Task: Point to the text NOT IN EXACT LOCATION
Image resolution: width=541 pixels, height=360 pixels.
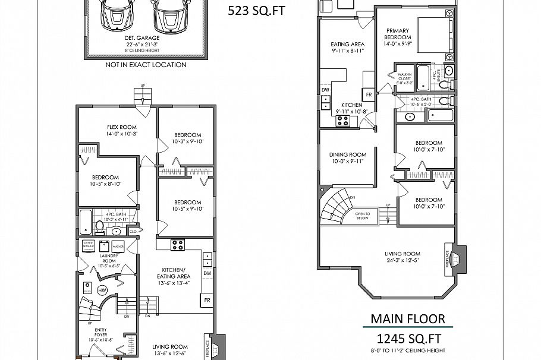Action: tap(146, 65)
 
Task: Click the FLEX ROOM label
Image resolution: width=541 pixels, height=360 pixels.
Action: tap(121, 127)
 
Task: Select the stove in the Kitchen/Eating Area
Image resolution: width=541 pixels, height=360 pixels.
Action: tap(178, 244)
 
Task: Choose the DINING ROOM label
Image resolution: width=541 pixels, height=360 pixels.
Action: tap(348, 154)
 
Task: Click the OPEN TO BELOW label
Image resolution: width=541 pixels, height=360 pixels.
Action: tap(363, 215)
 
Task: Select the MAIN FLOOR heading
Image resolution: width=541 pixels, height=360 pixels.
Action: tap(407, 319)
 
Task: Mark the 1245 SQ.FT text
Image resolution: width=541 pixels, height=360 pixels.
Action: tap(408, 339)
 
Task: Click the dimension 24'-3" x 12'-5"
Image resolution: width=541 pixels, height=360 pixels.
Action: tap(402, 260)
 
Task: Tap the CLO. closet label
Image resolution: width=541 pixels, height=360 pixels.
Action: tap(133, 230)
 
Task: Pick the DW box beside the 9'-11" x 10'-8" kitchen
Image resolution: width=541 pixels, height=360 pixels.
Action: tap(325, 90)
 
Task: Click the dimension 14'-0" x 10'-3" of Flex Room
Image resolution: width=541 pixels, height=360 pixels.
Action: tap(121, 134)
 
